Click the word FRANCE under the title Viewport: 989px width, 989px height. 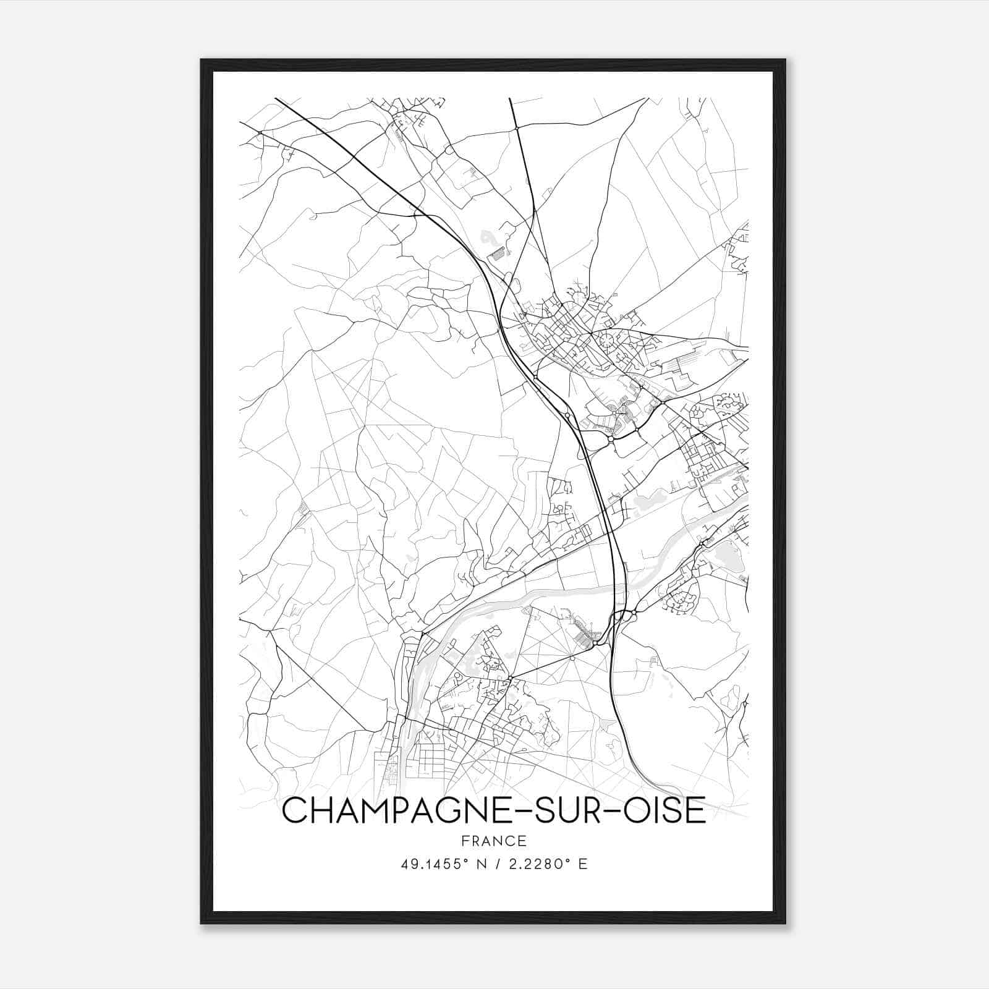[493, 841]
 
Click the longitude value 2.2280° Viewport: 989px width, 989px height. [537, 864]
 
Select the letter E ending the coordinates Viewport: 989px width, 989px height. [582, 864]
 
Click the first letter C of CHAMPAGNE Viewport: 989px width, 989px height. [295, 810]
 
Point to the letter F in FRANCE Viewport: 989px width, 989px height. [464, 841]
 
